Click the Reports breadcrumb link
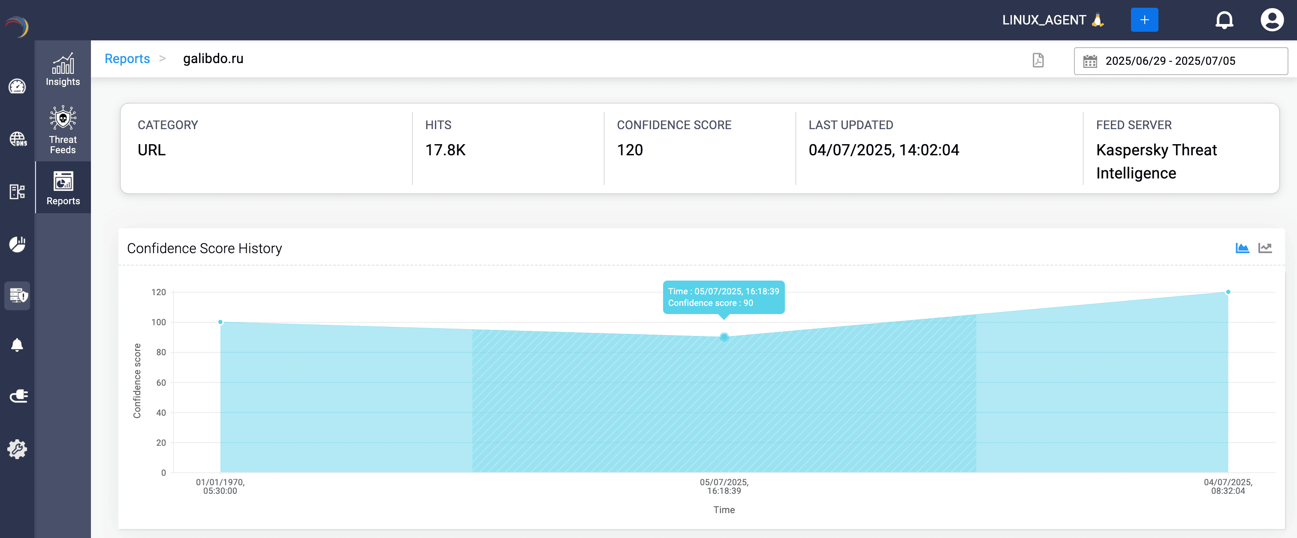pyautogui.click(x=127, y=59)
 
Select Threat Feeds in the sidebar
pyautogui.click(x=63, y=130)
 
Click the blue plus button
pyautogui.click(x=1144, y=20)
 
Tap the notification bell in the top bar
pyautogui.click(x=1224, y=20)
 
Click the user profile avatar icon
pyautogui.click(x=1271, y=20)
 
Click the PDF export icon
pyautogui.click(x=1038, y=60)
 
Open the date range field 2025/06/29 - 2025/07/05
pyautogui.click(x=1180, y=61)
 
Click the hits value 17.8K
pyautogui.click(x=445, y=150)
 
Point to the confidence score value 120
pyautogui.click(x=630, y=150)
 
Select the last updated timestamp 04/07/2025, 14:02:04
pyautogui.click(x=884, y=150)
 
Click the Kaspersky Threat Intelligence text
pyautogui.click(x=1156, y=161)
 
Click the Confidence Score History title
pyautogui.click(x=205, y=248)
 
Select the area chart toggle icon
pyautogui.click(x=1242, y=248)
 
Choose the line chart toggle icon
pyautogui.click(x=1265, y=248)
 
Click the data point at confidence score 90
pyautogui.click(x=724, y=337)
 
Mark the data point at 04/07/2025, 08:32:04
pyautogui.click(x=1228, y=292)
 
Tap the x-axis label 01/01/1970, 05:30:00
pyautogui.click(x=220, y=487)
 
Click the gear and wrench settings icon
pyautogui.click(x=17, y=448)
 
